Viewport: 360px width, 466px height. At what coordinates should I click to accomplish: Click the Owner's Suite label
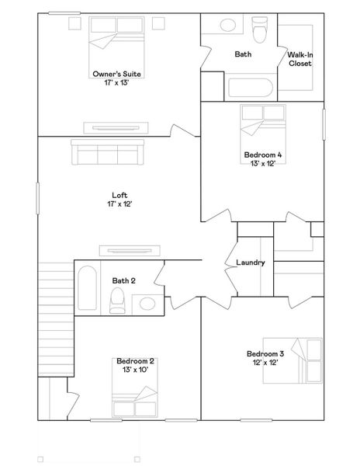point(117,74)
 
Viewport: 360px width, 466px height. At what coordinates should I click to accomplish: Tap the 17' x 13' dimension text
point(117,83)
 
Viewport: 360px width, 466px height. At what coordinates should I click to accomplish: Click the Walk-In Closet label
point(299,59)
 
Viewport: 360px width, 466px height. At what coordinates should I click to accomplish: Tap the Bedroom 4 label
point(263,155)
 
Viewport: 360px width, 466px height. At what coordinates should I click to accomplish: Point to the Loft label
point(119,196)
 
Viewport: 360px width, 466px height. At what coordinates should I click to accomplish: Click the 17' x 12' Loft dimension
point(119,205)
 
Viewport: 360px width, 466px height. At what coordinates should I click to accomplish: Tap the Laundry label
point(251,263)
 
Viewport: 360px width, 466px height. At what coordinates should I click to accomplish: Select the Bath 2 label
point(124,280)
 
